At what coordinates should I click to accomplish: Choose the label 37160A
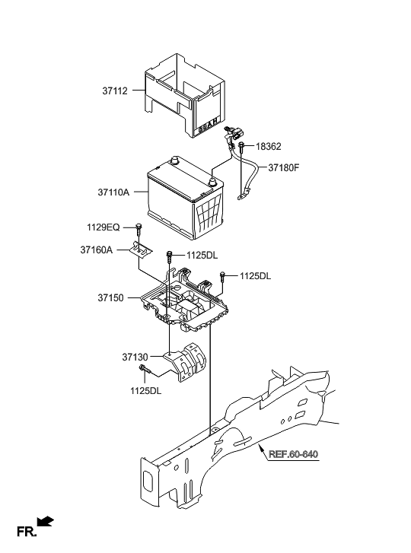pos(97,249)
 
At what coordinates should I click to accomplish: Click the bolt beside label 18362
pos(241,146)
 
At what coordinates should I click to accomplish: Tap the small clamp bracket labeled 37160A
pos(140,249)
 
